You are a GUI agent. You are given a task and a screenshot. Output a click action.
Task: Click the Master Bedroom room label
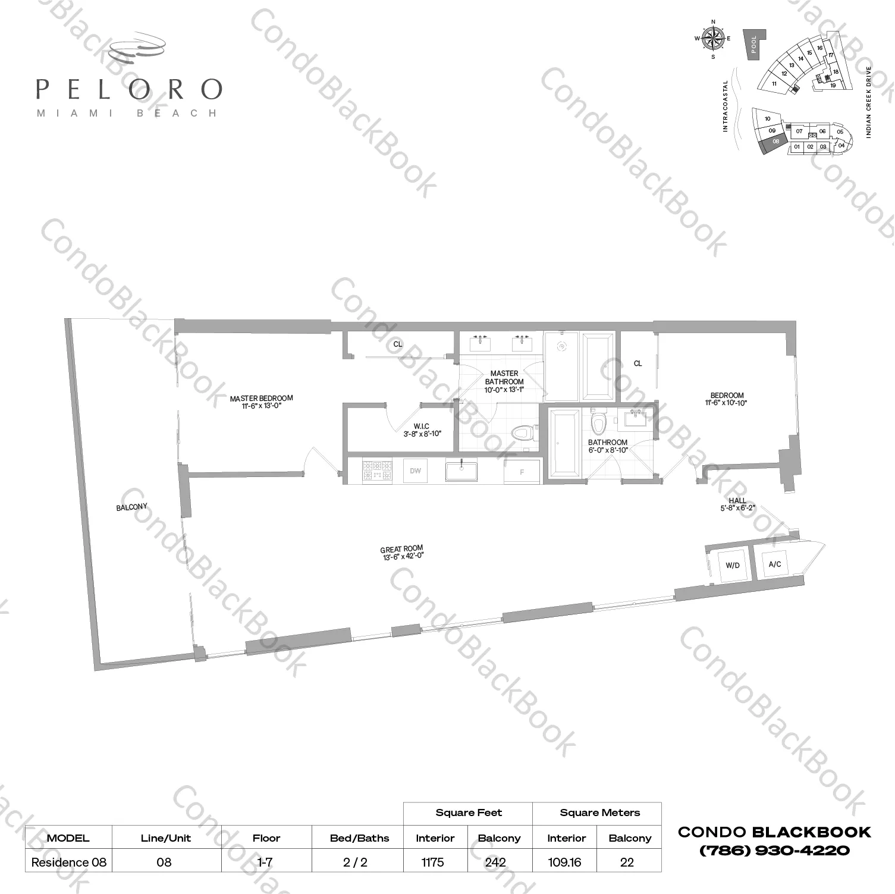click(x=261, y=402)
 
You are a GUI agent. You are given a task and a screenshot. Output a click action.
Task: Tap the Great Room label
click(x=402, y=553)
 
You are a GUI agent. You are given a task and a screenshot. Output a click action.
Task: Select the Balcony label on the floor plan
click(x=131, y=507)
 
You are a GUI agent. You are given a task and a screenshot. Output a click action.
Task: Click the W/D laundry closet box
click(x=732, y=564)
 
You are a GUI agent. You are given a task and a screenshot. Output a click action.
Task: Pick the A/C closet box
click(x=774, y=563)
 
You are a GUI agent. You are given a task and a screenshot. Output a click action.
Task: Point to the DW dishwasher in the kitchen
click(x=415, y=471)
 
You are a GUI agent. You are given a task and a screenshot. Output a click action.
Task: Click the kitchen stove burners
click(x=377, y=470)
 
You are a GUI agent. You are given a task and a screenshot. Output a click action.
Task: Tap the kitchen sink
click(x=461, y=471)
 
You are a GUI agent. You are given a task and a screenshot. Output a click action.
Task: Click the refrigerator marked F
click(x=522, y=472)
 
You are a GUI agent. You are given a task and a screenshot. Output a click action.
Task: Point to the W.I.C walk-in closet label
click(x=422, y=429)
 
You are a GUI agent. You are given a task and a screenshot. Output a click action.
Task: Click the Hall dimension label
click(x=737, y=504)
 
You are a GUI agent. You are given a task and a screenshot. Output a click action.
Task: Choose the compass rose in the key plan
click(x=713, y=39)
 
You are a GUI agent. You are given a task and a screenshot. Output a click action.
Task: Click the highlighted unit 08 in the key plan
click(x=775, y=142)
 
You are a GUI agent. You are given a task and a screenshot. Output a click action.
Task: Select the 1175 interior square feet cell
click(x=432, y=862)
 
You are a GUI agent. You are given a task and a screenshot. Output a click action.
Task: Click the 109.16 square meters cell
click(x=564, y=862)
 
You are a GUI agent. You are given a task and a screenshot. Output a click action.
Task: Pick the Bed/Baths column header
click(x=359, y=838)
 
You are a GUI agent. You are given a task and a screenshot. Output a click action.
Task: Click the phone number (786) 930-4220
click(x=774, y=851)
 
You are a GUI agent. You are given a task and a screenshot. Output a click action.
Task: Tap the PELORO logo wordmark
click(x=128, y=89)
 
